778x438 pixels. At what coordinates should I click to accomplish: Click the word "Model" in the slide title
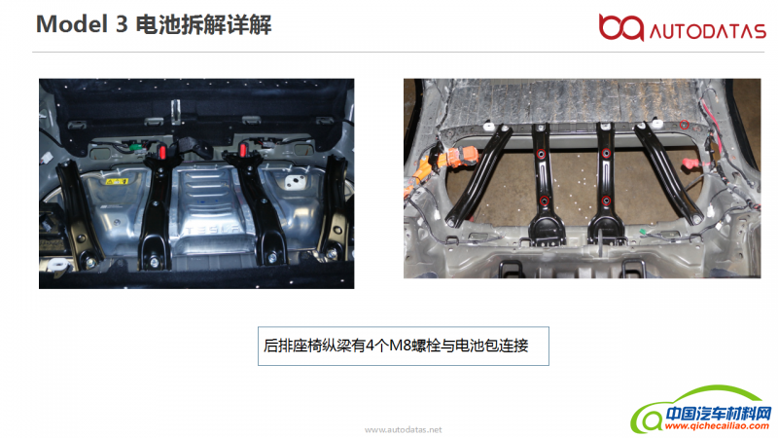72,24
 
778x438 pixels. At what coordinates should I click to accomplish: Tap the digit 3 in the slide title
123,24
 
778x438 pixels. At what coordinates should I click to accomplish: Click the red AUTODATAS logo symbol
620,27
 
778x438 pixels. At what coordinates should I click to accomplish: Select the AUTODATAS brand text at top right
708,32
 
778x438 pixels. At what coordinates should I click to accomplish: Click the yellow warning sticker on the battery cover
116,181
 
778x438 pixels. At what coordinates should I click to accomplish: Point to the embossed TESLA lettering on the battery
213,230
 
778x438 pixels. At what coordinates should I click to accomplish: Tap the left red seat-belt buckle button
161,151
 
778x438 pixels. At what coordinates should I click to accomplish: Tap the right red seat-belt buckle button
244,149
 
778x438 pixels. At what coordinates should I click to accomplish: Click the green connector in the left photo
134,146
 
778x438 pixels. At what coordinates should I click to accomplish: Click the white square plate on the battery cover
295,182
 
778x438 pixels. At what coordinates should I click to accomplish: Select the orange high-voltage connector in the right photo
463,157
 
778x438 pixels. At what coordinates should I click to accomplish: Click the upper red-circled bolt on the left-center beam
542,154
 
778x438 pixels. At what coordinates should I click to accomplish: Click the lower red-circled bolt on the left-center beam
545,201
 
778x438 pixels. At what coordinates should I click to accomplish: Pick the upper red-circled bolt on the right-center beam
606,154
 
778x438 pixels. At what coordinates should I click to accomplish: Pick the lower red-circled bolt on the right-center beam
606,201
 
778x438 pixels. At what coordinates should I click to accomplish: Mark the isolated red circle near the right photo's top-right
685,125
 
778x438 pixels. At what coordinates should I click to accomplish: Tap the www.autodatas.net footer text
403,429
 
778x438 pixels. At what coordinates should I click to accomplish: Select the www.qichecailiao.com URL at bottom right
717,426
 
